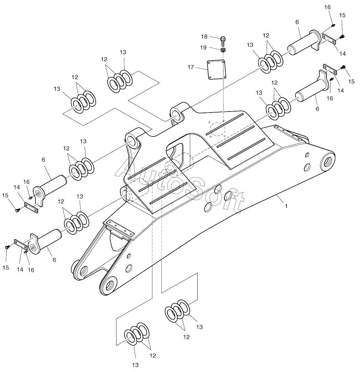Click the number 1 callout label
coord(286,206)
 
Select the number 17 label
coord(191,67)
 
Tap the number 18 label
coord(204,36)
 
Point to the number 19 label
coord(203,48)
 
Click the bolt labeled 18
coord(223,41)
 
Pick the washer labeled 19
coord(223,50)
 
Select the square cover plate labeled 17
coord(216,70)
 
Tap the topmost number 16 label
coord(327,7)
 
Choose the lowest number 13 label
coord(135,365)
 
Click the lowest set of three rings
coord(137,334)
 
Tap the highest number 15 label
coord(342,15)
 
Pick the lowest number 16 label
coord(31,270)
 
